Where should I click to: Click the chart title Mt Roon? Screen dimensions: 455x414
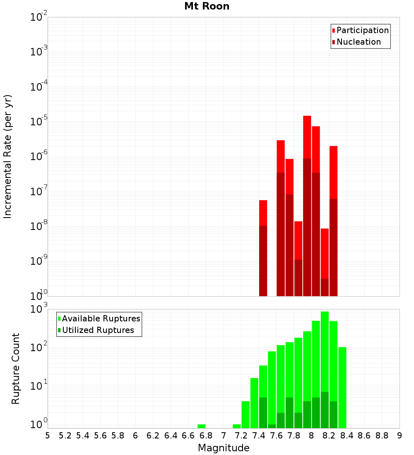(207, 7)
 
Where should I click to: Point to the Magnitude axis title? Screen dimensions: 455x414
(224, 448)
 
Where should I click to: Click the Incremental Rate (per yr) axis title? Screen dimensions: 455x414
(8, 157)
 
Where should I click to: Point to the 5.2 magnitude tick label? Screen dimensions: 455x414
(65, 436)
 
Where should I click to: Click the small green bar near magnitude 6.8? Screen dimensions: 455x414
(202, 426)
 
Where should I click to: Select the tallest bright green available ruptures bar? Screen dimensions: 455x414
(325, 352)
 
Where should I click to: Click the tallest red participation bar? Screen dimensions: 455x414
(307, 136)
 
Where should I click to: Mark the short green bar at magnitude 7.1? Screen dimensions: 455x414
(237, 426)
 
